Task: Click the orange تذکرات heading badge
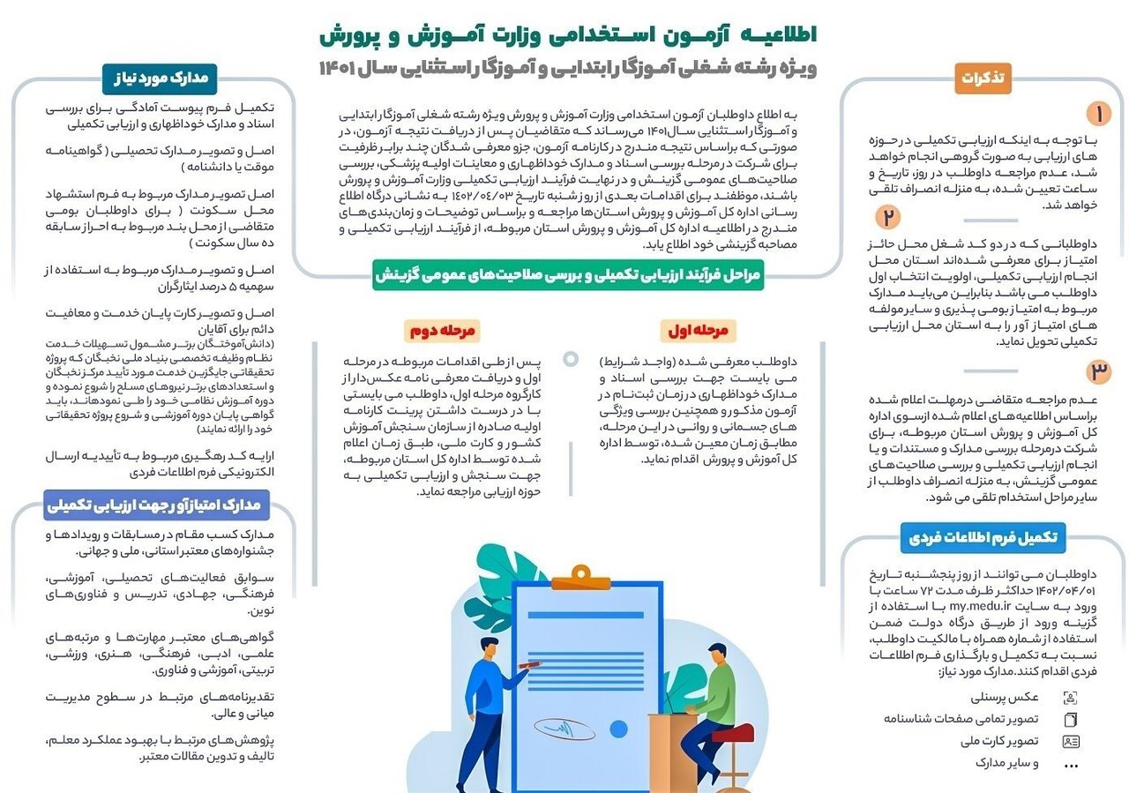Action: (x=983, y=79)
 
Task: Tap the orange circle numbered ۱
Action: (x=1098, y=114)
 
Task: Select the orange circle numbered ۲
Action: (x=888, y=217)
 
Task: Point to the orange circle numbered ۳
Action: (x=1098, y=371)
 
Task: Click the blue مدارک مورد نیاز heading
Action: (x=161, y=78)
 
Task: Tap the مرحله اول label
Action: (x=699, y=331)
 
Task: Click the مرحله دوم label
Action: (x=443, y=331)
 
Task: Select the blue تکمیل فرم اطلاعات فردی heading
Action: (x=983, y=536)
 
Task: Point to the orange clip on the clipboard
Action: (x=581, y=579)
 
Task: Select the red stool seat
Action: (x=732, y=733)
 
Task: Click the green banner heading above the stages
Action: (x=565, y=275)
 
